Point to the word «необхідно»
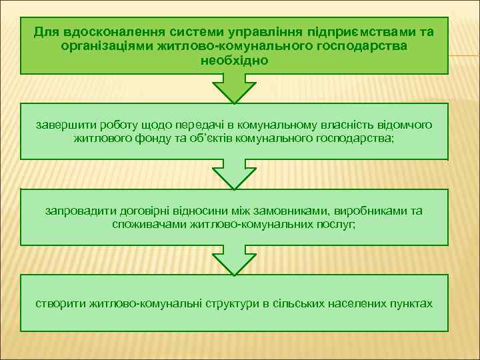point(234,60)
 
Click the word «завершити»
point(63,125)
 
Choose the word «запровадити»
point(79,211)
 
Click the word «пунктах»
point(410,303)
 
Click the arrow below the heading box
point(234,89)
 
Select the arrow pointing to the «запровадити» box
point(234,175)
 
